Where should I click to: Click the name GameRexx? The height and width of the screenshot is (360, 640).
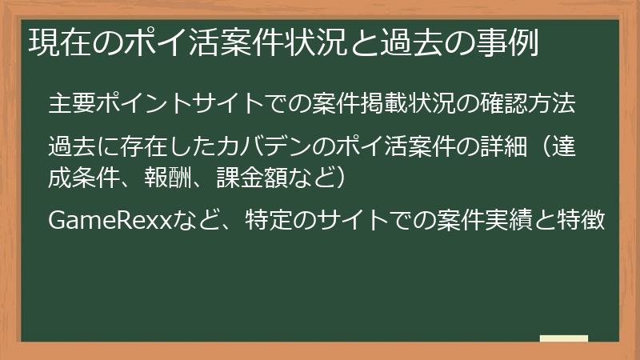pos(111,219)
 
